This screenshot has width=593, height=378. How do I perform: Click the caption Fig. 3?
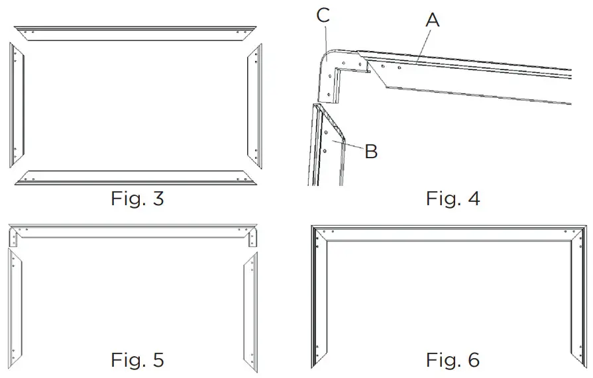(x=137, y=199)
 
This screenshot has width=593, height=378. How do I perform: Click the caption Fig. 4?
(x=453, y=199)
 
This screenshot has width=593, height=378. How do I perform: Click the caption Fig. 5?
(x=137, y=360)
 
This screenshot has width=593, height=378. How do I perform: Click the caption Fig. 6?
(x=453, y=360)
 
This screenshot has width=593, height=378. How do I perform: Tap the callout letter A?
(x=432, y=21)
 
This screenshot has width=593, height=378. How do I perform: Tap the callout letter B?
(x=371, y=152)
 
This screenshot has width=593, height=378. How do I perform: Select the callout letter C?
(x=323, y=15)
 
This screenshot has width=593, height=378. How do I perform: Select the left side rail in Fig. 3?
(x=16, y=106)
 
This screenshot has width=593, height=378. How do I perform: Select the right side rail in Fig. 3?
(x=255, y=106)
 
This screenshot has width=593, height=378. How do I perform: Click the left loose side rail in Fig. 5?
(x=16, y=305)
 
